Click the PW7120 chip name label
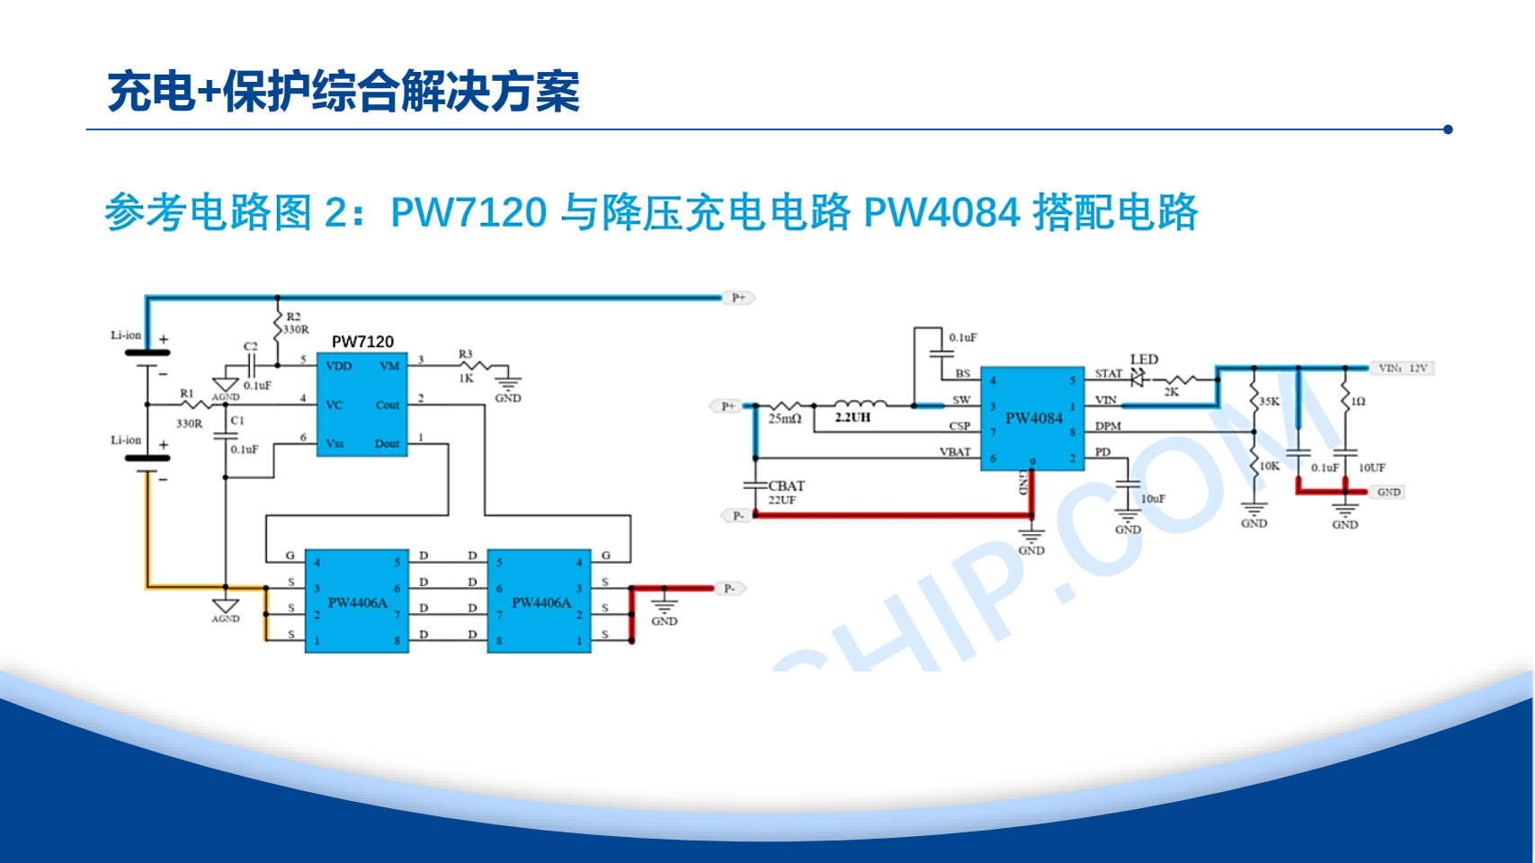[x=362, y=342]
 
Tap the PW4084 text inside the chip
[x=1033, y=418]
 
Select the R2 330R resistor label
[x=296, y=324]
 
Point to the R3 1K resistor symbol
[x=474, y=365]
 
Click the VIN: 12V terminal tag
[x=1403, y=368]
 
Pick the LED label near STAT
[x=1144, y=360]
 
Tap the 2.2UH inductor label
[x=852, y=418]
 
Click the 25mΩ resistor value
[x=785, y=419]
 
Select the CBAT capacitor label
[x=786, y=486]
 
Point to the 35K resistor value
[x=1269, y=402]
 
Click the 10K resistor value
[x=1269, y=466]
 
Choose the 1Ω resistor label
[x=1358, y=402]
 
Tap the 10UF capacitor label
[x=1371, y=467]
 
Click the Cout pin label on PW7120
[x=388, y=405]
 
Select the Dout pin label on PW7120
[x=388, y=444]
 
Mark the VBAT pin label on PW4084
[x=955, y=452]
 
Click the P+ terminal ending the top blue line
[x=738, y=298]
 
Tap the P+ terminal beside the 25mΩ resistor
[x=727, y=406]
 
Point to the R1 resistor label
[x=187, y=394]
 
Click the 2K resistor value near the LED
[x=1172, y=392]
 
